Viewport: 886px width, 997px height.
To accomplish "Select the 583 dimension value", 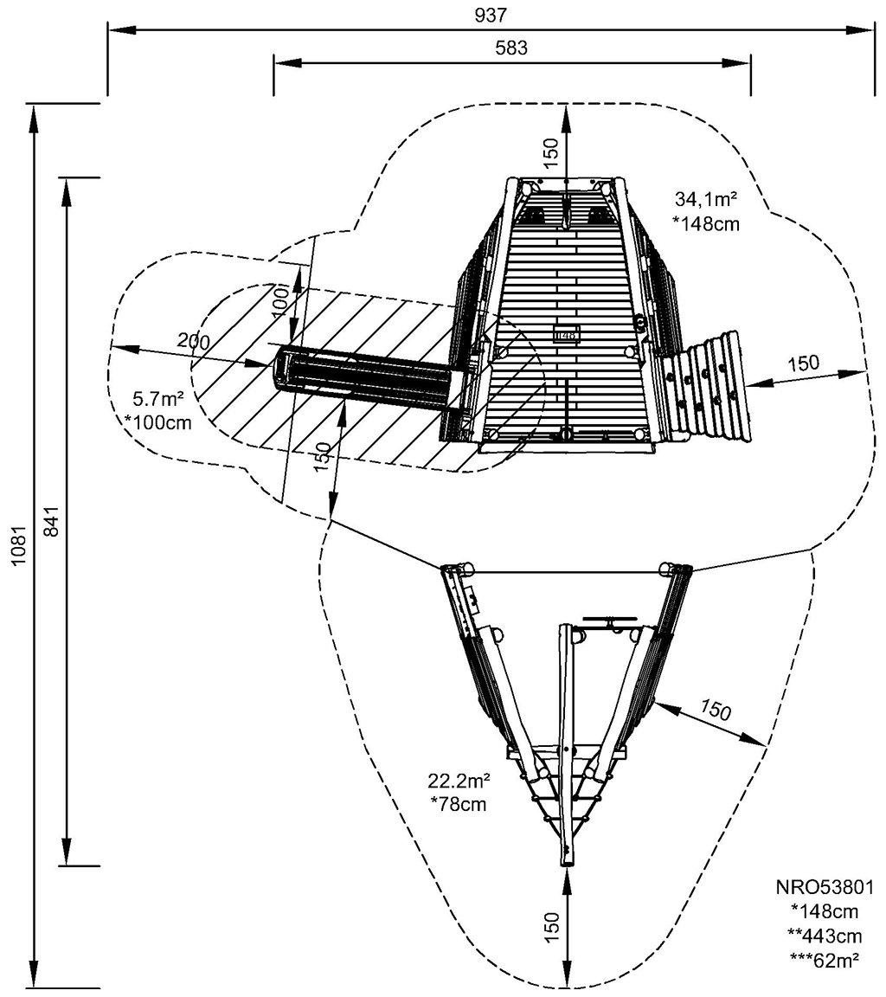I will click(511, 48).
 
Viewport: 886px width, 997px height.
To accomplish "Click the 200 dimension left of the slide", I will click(193, 341).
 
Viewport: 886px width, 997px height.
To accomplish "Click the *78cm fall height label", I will click(458, 803).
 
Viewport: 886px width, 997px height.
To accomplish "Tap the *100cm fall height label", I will click(157, 422).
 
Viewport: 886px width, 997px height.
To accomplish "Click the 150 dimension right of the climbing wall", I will click(803, 364).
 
